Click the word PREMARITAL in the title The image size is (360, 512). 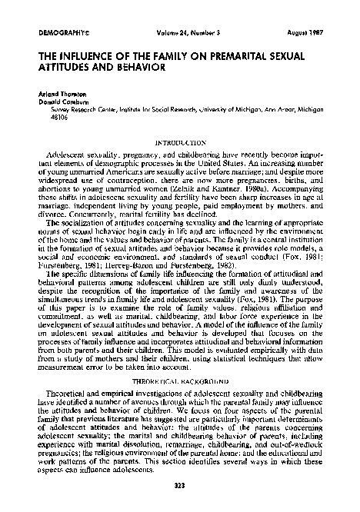[219, 57]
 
